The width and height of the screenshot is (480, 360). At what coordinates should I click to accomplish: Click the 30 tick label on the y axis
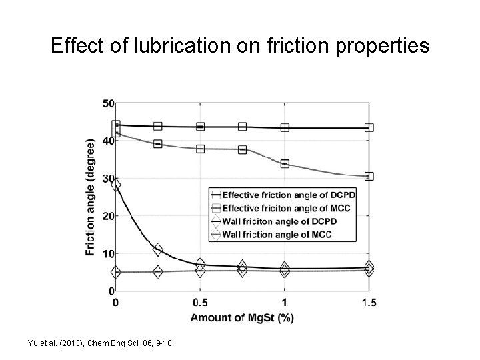tap(108, 179)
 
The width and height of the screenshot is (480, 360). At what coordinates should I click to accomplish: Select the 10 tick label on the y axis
tap(108, 253)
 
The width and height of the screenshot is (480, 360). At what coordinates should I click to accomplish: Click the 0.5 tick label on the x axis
tap(199, 303)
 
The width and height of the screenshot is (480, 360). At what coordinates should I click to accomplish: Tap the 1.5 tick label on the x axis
tap(369, 303)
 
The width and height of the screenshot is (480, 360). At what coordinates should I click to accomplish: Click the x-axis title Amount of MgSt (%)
tap(241, 317)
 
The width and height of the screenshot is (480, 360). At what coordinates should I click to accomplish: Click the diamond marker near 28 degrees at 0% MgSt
tap(116, 185)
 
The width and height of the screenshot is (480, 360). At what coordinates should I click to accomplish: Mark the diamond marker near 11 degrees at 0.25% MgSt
tap(158, 249)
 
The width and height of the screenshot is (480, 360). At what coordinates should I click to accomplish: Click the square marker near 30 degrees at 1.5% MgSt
tap(369, 177)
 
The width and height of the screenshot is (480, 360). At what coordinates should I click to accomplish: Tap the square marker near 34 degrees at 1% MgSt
tap(285, 163)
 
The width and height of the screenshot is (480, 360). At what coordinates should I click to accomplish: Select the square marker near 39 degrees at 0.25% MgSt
tap(158, 143)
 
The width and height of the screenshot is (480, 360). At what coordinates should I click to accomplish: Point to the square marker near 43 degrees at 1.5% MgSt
tap(369, 127)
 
